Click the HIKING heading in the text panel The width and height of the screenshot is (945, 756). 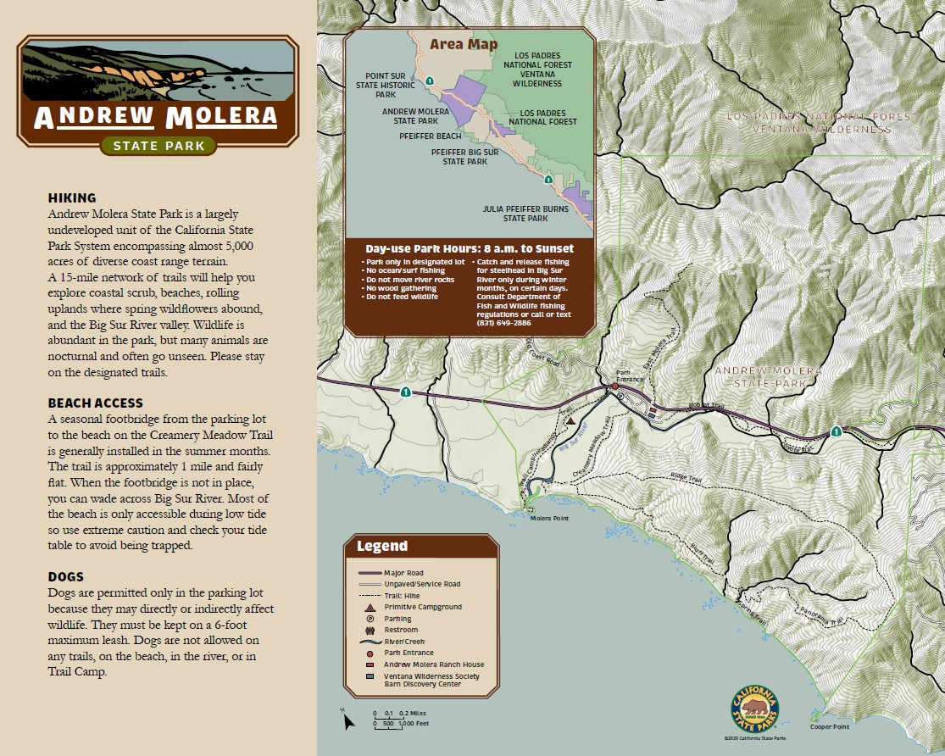point(72,197)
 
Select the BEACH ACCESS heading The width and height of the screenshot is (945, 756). point(96,403)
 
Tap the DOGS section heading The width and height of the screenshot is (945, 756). point(66,577)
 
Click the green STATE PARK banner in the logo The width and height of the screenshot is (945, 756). point(158,146)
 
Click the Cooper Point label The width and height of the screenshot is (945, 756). point(829,726)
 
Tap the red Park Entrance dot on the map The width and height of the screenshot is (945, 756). point(615,386)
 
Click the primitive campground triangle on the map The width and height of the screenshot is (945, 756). point(570,420)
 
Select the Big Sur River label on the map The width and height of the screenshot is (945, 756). point(574,447)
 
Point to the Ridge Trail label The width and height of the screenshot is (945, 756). point(687,479)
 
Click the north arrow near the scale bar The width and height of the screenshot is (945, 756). point(347,720)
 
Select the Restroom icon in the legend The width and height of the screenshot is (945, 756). point(370,630)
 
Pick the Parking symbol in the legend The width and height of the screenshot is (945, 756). point(370,619)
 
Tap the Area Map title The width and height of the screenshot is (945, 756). point(464,44)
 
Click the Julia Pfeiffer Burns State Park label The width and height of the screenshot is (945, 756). point(514,213)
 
